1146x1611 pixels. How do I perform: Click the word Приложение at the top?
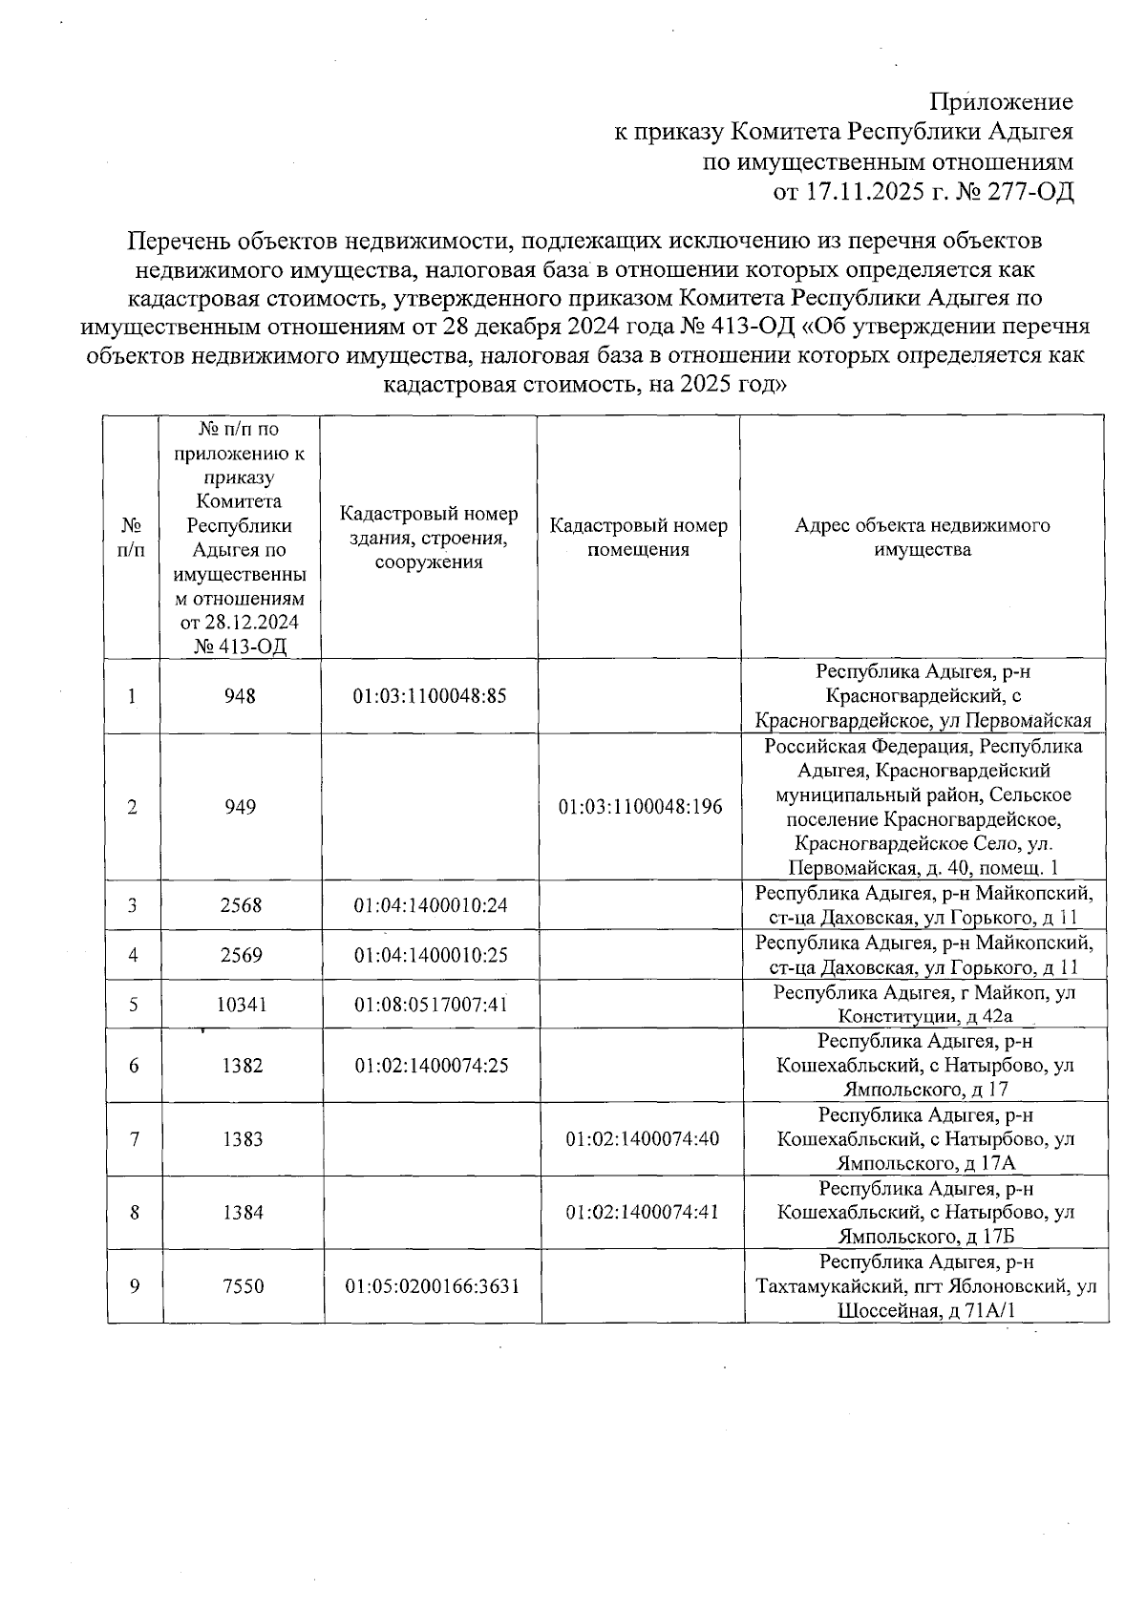(1001, 102)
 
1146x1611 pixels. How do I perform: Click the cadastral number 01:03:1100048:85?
(430, 696)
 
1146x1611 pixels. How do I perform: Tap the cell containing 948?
(241, 696)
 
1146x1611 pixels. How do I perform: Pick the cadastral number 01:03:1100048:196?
(640, 807)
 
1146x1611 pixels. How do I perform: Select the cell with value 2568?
(241, 905)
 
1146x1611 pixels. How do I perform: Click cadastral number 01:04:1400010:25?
(431, 955)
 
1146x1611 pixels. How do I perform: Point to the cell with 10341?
(241, 1005)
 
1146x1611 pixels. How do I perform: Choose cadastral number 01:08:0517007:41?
(431, 1005)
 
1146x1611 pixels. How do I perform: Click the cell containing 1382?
(242, 1066)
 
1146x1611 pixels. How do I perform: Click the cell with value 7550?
(242, 1286)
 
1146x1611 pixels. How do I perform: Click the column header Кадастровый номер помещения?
(638, 538)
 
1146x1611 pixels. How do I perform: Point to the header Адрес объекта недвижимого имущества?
(923, 538)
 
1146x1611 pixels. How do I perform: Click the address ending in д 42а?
(924, 1005)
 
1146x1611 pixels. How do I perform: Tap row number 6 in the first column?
(134, 1066)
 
